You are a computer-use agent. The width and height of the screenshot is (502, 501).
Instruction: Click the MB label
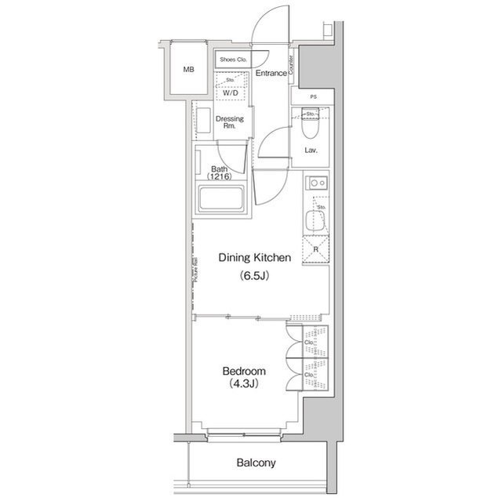[188, 70]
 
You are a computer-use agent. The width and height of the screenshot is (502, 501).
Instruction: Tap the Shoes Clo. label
[233, 60]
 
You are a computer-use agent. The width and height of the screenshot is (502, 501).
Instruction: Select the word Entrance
[271, 73]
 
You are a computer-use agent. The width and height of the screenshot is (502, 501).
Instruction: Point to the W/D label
[231, 93]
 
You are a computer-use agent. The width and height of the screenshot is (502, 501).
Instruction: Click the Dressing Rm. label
[230, 122]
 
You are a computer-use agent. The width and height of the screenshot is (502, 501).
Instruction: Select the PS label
[313, 97]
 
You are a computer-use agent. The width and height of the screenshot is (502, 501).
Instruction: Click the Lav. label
[311, 150]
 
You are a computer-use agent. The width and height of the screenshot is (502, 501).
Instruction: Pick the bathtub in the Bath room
[223, 197]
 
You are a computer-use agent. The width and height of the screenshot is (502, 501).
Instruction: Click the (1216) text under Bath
[220, 177]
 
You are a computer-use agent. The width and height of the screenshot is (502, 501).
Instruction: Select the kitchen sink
[316, 217]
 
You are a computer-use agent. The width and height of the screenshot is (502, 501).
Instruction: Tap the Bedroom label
[244, 371]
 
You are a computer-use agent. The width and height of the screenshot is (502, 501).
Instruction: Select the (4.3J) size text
[244, 384]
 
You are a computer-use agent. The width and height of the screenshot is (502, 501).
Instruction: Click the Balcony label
[256, 463]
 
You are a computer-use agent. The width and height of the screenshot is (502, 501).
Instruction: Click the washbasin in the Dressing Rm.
[203, 124]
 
